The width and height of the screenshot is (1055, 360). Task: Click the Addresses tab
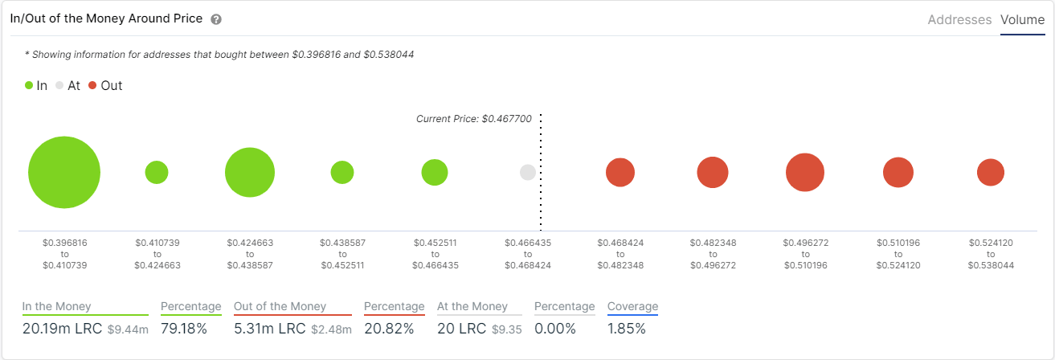click(x=959, y=20)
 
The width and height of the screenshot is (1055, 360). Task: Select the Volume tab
click(x=1022, y=20)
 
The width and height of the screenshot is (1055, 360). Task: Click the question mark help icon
click(x=216, y=19)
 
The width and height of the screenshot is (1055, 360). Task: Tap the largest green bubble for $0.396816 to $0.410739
click(x=64, y=173)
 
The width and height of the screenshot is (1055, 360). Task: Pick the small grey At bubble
click(x=528, y=172)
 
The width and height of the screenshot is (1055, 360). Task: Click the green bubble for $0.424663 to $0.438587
click(x=250, y=173)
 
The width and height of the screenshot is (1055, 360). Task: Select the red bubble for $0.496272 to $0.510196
click(x=805, y=172)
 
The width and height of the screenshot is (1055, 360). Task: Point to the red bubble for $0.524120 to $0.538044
click(x=991, y=172)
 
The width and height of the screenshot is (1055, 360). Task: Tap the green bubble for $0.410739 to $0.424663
click(x=157, y=172)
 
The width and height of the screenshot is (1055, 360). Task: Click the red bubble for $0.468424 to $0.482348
click(x=620, y=172)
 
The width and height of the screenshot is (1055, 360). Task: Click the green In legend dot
click(x=29, y=85)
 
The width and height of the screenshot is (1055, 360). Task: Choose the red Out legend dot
click(x=92, y=85)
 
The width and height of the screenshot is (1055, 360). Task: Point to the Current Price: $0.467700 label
click(x=474, y=119)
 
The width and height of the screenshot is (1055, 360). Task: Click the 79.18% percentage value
click(x=184, y=329)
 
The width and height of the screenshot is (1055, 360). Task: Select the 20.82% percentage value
click(x=389, y=329)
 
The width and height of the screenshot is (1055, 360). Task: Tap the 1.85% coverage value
click(x=626, y=329)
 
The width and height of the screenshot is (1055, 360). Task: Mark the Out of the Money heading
click(x=280, y=306)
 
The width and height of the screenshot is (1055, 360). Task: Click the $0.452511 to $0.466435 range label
click(x=435, y=253)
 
